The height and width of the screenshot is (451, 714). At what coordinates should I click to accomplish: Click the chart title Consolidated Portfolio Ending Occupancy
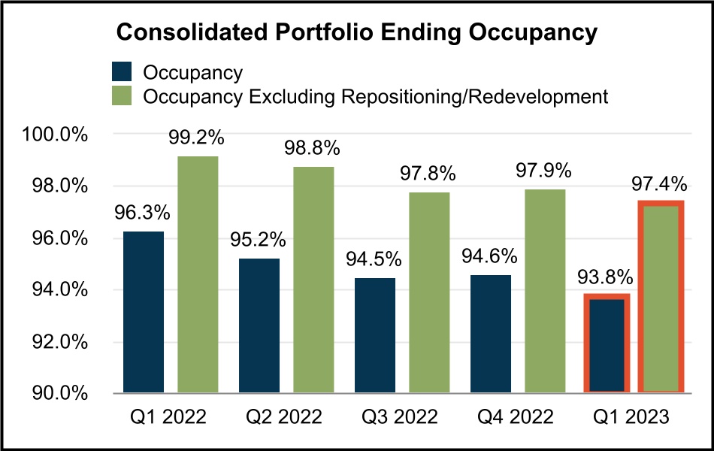click(x=356, y=34)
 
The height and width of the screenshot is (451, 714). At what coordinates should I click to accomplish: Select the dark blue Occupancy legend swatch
click(x=122, y=72)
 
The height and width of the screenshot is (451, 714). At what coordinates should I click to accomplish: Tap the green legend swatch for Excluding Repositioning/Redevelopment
click(x=122, y=96)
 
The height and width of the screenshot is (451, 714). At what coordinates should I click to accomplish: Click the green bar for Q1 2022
click(x=198, y=274)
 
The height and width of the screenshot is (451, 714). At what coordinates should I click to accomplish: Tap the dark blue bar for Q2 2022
click(x=259, y=325)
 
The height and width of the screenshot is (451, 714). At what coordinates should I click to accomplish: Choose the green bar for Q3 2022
click(x=429, y=292)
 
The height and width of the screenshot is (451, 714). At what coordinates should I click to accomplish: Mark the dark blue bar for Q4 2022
click(x=490, y=334)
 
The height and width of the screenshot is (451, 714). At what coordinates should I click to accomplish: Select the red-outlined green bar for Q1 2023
click(x=661, y=297)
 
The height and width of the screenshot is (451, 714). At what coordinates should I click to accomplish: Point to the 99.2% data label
click(x=198, y=138)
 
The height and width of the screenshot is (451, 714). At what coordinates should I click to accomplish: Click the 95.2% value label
click(x=259, y=241)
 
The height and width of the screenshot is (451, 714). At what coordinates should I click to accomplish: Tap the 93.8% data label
click(x=607, y=277)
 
